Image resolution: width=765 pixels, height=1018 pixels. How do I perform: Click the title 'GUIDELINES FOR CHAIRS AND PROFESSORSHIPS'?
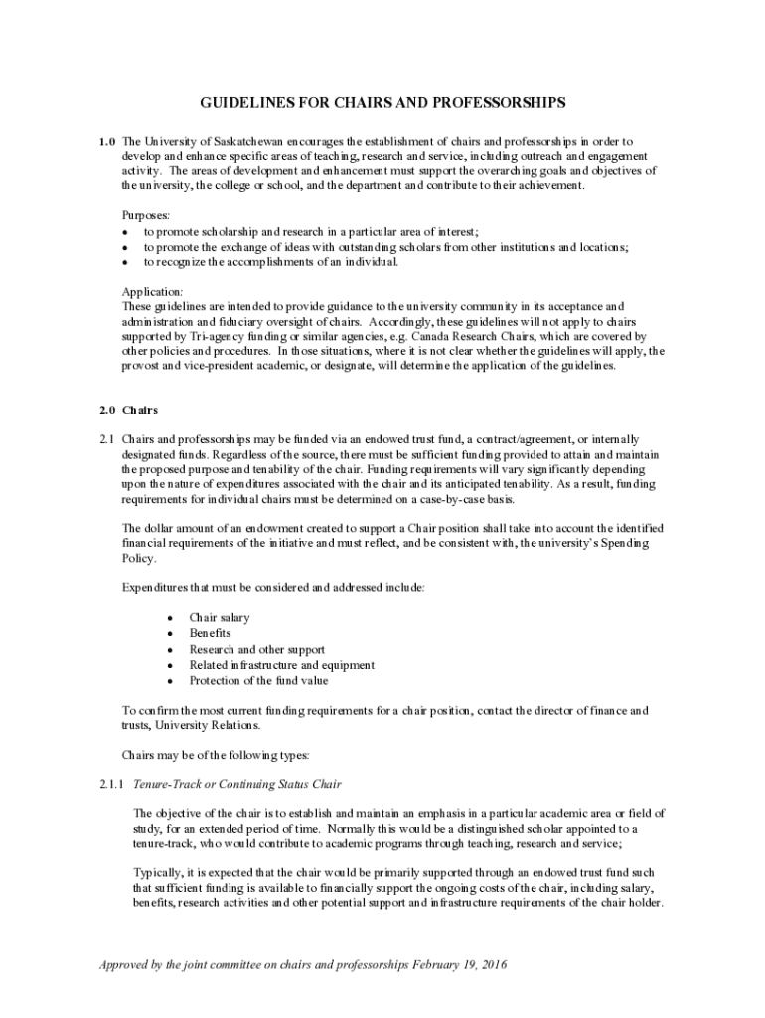(382, 102)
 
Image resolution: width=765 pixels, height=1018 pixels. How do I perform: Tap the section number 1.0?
(108, 141)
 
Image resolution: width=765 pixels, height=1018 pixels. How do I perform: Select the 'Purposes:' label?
(146, 214)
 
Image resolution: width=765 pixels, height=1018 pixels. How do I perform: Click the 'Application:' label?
(152, 292)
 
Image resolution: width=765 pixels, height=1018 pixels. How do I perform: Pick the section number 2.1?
(107, 439)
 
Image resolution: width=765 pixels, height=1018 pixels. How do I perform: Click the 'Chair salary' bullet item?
(220, 617)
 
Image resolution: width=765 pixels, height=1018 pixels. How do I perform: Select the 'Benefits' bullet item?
(210, 633)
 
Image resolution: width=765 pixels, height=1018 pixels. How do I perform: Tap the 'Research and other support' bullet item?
(256, 649)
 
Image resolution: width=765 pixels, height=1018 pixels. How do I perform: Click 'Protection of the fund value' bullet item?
(258, 681)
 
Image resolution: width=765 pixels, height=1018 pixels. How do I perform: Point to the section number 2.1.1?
(111, 785)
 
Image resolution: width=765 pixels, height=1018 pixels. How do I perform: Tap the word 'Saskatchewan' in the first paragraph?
(236, 141)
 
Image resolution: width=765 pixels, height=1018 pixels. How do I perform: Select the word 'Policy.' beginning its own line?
(138, 558)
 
